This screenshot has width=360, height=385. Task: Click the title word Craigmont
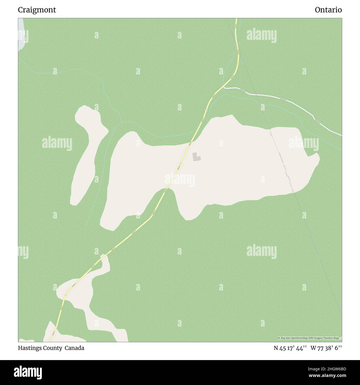(x=37, y=10)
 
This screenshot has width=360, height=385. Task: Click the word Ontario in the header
(x=328, y=10)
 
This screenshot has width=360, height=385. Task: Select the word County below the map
(x=53, y=348)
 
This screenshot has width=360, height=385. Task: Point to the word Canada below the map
(x=74, y=348)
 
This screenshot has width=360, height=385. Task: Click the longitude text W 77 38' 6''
(x=326, y=348)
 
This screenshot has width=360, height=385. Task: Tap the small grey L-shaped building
(x=196, y=157)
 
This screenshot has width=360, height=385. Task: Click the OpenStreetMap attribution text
(x=310, y=338)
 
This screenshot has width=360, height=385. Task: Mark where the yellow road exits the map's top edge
(x=236, y=19)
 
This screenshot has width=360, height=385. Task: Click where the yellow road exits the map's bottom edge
(x=50, y=341)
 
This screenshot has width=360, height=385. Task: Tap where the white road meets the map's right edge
(x=341, y=135)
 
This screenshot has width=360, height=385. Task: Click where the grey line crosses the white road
(x=257, y=94)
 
